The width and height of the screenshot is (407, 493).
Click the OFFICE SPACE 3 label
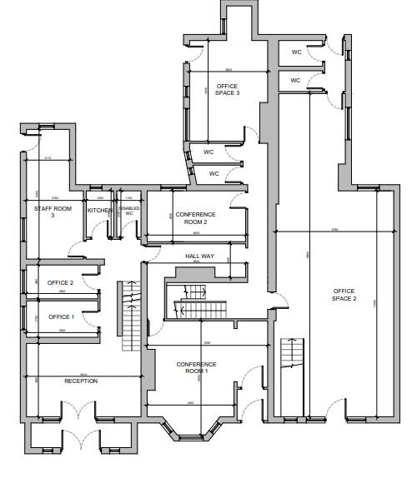pos(228,89)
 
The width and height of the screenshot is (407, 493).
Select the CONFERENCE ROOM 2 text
pos(197,218)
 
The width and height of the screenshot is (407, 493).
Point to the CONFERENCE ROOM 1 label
pos(197,367)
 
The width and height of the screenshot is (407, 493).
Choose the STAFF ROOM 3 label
pos(50,212)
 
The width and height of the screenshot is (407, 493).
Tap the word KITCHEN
pos(100,211)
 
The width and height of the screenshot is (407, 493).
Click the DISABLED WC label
pos(129,211)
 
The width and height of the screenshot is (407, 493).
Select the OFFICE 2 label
pos(61,283)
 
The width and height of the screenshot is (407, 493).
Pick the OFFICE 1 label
pos(61,316)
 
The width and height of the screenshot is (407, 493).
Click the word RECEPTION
pos(81,381)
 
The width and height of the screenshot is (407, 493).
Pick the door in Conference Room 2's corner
pos(239,201)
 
